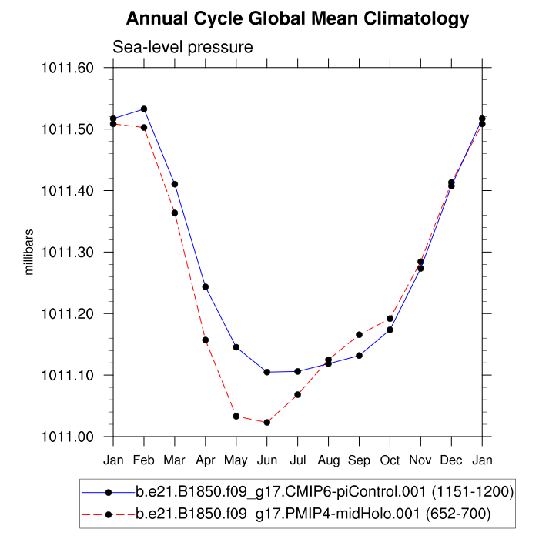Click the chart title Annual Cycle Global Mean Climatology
(297, 18)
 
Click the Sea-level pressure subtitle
(183, 47)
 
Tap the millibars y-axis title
(29, 252)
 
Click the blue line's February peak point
(144, 109)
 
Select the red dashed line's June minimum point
(267, 423)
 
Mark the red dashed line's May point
(236, 417)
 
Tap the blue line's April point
(206, 287)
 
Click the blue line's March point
(175, 184)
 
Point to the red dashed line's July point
(298, 395)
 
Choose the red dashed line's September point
(360, 335)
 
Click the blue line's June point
(267, 372)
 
